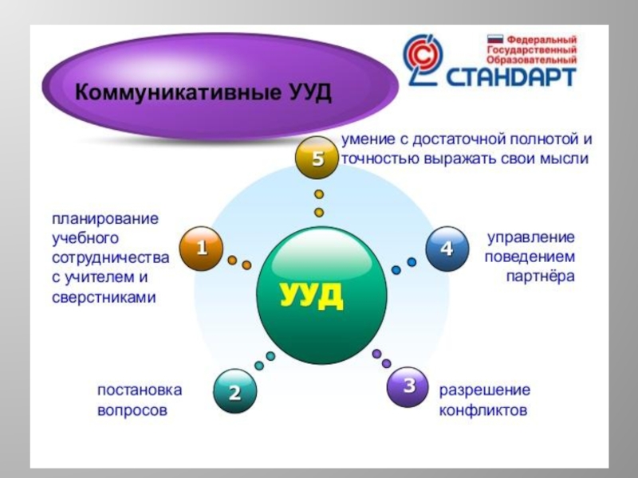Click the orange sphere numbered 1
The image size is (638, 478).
[201, 248]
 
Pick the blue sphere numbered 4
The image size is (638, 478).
[446, 248]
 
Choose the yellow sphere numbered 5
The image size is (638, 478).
[317, 159]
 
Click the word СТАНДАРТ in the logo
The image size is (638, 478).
[510, 77]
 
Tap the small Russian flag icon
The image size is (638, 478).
[494, 38]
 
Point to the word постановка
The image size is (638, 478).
[140, 390]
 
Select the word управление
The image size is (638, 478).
[530, 238]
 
